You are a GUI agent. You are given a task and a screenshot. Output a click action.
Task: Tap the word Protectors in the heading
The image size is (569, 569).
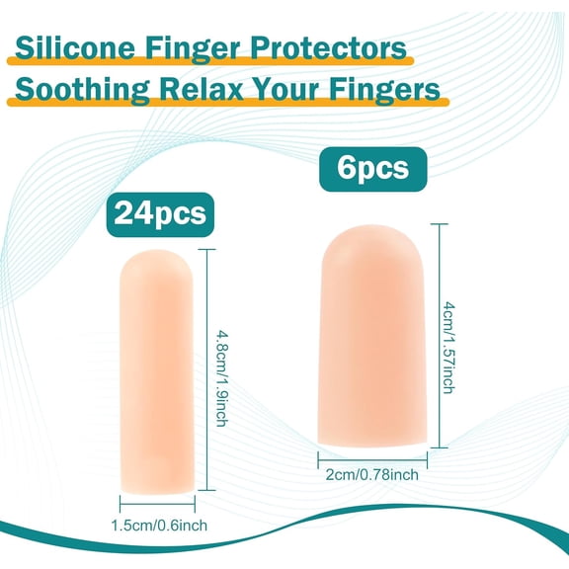(330, 47)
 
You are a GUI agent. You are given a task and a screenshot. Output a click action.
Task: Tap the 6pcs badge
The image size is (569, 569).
(371, 167)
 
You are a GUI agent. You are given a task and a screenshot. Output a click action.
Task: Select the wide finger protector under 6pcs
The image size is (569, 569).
(372, 337)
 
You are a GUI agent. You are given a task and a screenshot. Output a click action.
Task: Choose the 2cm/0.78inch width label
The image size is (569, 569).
(372, 474)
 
